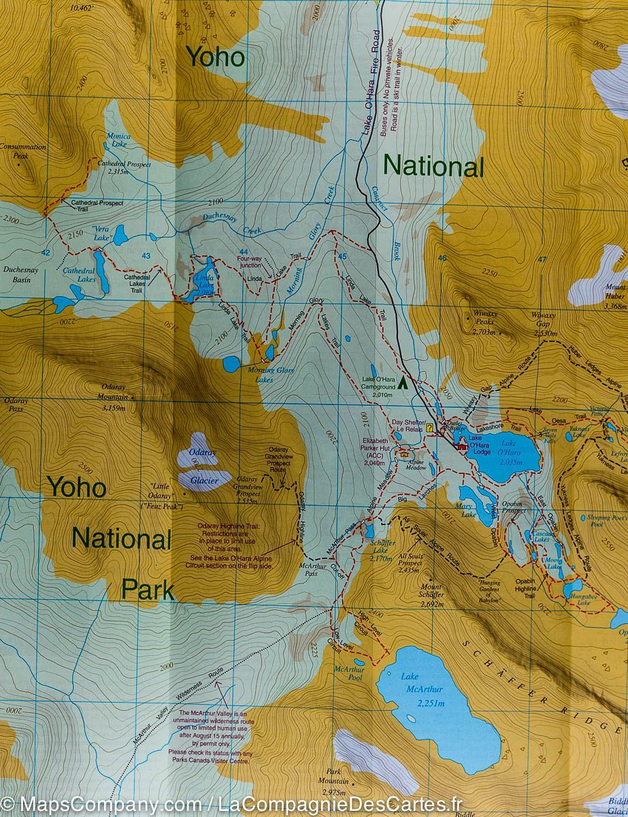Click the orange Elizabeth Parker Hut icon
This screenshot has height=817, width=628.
point(406,452)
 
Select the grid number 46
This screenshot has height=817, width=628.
point(442,257)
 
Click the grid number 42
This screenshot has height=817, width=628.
point(46,253)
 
